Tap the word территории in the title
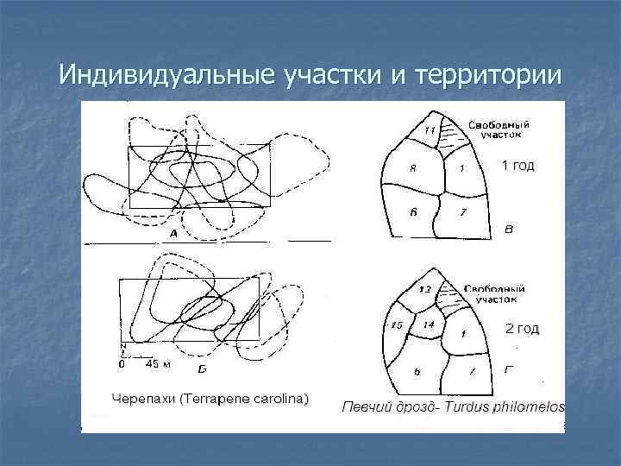coord(488,76)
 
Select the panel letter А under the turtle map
coord(173,234)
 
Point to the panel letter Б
coord(202,368)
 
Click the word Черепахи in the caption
coord(142,399)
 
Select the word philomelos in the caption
coord(527,406)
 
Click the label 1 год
coord(517,166)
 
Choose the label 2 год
coord(521,329)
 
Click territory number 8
coord(413,169)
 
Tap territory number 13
coord(424,289)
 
